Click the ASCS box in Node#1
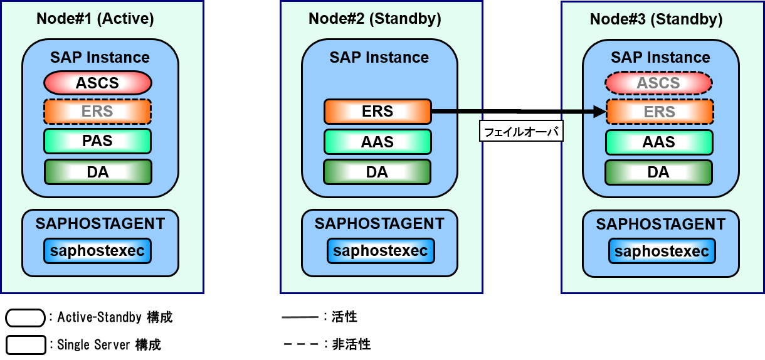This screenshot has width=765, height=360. pyautogui.click(x=97, y=83)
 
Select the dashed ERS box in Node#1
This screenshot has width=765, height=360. pyautogui.click(x=97, y=112)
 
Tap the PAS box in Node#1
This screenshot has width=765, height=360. pyautogui.click(x=97, y=141)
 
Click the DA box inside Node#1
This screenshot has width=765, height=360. pyautogui.click(x=98, y=172)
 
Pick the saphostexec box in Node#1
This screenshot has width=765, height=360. pyautogui.click(x=97, y=251)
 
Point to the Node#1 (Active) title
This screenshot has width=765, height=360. pyautogui.click(x=95, y=19)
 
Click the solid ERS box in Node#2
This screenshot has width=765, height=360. pyautogui.click(x=377, y=112)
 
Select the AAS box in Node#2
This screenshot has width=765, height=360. pyautogui.click(x=377, y=142)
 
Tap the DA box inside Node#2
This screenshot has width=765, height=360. pyautogui.click(x=377, y=172)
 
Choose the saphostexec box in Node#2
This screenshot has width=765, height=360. pyautogui.click(x=381, y=251)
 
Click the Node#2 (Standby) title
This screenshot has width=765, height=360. pyautogui.click(x=375, y=19)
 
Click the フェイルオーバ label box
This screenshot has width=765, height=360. pyautogui.click(x=521, y=132)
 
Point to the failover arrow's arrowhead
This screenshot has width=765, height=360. pyautogui.click(x=600, y=112)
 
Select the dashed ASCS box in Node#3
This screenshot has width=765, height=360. pyautogui.click(x=658, y=83)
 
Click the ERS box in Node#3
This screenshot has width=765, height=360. pyautogui.click(x=659, y=112)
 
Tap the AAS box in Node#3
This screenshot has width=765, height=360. pyautogui.click(x=658, y=142)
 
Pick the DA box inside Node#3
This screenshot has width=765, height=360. pyautogui.click(x=658, y=172)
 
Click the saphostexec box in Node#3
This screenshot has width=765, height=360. pyautogui.click(x=662, y=251)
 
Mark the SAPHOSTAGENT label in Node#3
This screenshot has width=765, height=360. pyautogui.click(x=660, y=225)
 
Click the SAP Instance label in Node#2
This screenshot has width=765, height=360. pyautogui.click(x=379, y=58)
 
